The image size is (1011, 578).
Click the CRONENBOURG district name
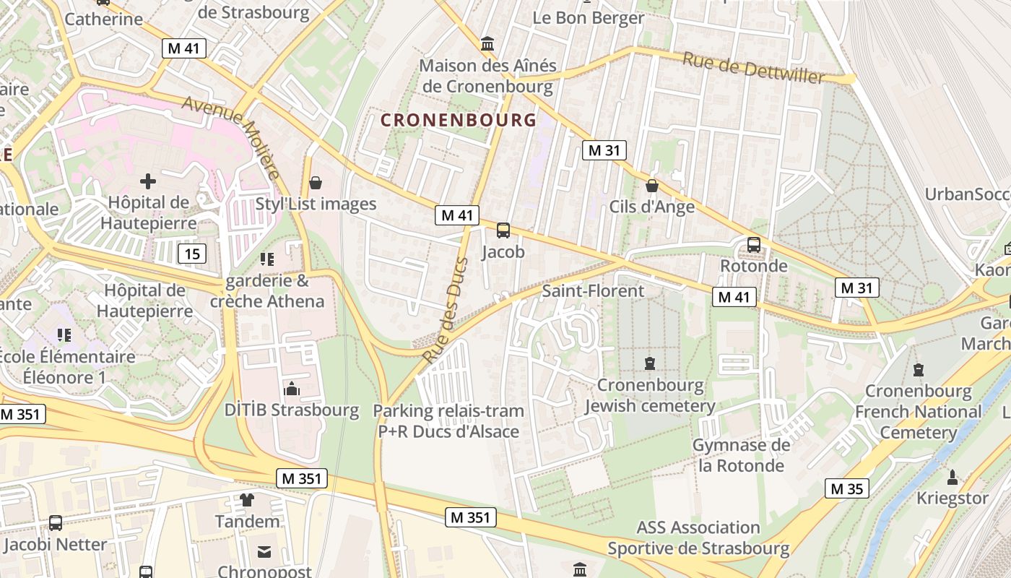[x=459, y=120]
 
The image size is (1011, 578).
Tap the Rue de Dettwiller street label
[x=753, y=68]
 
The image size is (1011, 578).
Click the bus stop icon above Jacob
[x=503, y=230]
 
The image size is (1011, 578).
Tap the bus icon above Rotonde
[x=754, y=244]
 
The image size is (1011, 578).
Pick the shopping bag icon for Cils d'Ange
[x=652, y=186]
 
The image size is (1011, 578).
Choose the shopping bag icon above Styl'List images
[x=315, y=183]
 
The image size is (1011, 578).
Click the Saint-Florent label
[x=593, y=291]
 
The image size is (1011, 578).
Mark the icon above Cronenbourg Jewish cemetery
[x=650, y=363]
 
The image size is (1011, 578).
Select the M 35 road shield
[x=847, y=488]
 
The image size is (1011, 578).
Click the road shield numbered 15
[x=191, y=254]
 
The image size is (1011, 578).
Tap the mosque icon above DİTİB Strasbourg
[x=292, y=389]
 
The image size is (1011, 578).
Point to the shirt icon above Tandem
[x=247, y=499]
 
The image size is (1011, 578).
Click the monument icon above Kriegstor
[x=953, y=477]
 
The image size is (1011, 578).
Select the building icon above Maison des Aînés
[x=487, y=44]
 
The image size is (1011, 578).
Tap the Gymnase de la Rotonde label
[x=741, y=455]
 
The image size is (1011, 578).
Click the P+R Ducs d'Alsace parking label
[x=448, y=421]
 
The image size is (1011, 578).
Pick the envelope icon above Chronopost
[x=264, y=552]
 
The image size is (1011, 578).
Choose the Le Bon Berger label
[x=589, y=17]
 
